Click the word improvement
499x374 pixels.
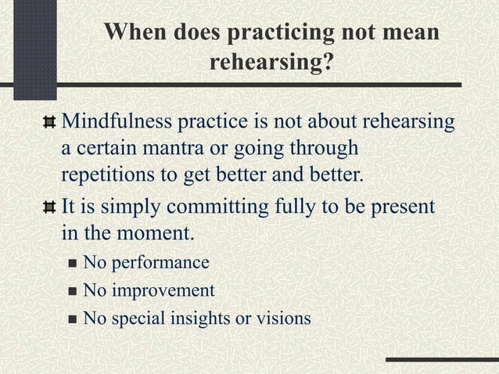163,291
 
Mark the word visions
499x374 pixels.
282,318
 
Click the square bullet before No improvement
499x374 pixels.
72,291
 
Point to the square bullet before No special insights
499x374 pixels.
72,319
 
